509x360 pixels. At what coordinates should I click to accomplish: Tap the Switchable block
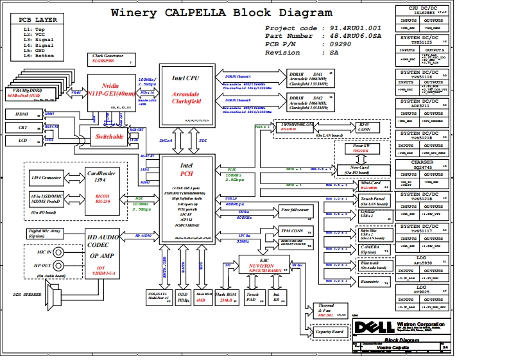[110, 137]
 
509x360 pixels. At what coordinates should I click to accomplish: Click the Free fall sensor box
[295, 210]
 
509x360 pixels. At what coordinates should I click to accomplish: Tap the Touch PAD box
[252, 296]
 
